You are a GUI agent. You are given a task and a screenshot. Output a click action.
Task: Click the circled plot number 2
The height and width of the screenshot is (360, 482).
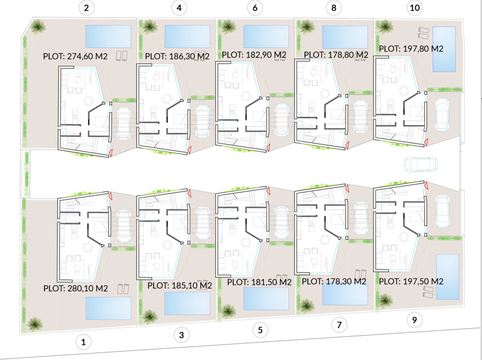86,8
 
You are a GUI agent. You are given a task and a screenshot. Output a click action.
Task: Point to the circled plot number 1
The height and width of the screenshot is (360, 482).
83,342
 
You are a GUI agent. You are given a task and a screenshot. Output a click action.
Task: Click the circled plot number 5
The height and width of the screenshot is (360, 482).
260,330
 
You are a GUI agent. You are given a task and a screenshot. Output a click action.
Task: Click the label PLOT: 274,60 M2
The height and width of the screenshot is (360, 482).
75,57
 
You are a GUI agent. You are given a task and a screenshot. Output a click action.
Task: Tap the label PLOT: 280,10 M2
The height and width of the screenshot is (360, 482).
76,288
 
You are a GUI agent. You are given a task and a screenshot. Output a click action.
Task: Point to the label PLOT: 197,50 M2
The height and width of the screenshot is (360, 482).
411,281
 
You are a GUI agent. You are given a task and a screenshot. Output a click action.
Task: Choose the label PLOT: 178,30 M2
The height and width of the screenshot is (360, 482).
334,282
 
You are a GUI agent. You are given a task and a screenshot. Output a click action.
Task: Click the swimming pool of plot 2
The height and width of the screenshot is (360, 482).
108,36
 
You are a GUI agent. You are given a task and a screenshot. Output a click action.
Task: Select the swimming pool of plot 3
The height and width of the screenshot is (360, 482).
187,303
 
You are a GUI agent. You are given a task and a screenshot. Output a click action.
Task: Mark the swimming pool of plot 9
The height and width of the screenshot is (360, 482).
447,277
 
